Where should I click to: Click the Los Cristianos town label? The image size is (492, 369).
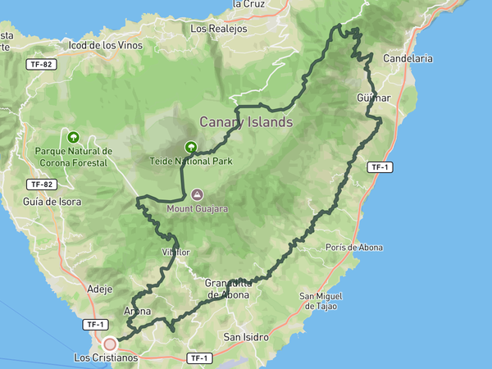(106, 358)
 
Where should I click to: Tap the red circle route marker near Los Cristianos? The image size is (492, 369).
(109, 344)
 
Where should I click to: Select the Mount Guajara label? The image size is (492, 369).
(197, 208)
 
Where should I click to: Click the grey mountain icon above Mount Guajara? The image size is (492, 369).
(197, 195)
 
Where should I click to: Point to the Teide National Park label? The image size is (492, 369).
(190, 161)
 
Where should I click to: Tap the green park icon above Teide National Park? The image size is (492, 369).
(190, 148)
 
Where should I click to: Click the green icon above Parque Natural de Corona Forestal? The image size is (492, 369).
(74, 138)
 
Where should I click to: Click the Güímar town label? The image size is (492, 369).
(374, 98)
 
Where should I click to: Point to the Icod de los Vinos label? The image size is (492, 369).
(106, 45)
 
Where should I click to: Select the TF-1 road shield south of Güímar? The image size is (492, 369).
(378, 167)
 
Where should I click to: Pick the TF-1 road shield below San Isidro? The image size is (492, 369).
(198, 358)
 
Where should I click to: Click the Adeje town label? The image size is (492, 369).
(98, 289)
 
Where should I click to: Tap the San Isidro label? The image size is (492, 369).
(246, 337)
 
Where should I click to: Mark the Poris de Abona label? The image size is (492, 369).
(353, 247)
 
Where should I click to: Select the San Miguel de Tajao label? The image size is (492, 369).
(321, 301)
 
